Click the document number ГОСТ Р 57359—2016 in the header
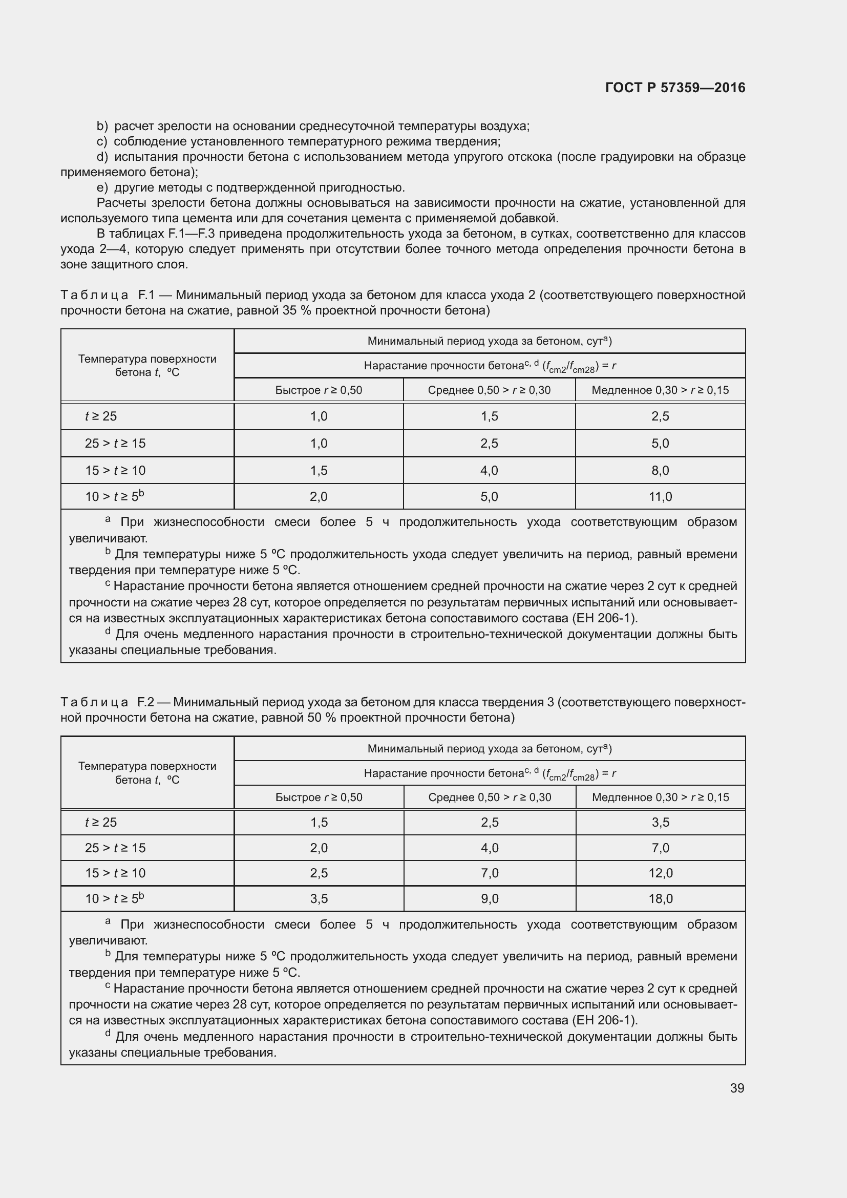(x=675, y=88)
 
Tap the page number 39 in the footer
(x=737, y=1088)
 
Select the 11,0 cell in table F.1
(x=660, y=497)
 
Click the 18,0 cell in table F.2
(x=660, y=898)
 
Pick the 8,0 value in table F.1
(x=660, y=471)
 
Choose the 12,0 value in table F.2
(x=660, y=873)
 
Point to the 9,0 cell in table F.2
(x=489, y=898)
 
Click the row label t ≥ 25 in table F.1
(x=101, y=416)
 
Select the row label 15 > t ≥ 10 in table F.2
(x=115, y=873)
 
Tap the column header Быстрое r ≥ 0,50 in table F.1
(x=319, y=390)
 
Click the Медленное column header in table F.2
(x=660, y=797)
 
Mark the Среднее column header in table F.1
(x=489, y=390)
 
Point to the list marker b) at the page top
(x=102, y=127)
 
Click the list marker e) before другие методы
(x=102, y=188)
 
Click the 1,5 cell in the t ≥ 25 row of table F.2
(x=319, y=823)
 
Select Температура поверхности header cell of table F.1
(x=147, y=365)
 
